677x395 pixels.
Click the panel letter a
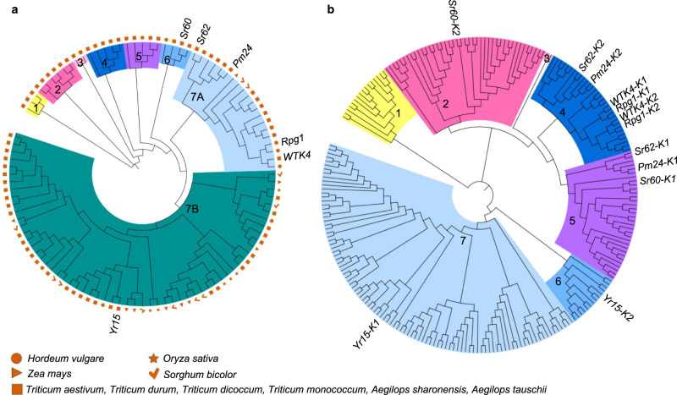(5, 8)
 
